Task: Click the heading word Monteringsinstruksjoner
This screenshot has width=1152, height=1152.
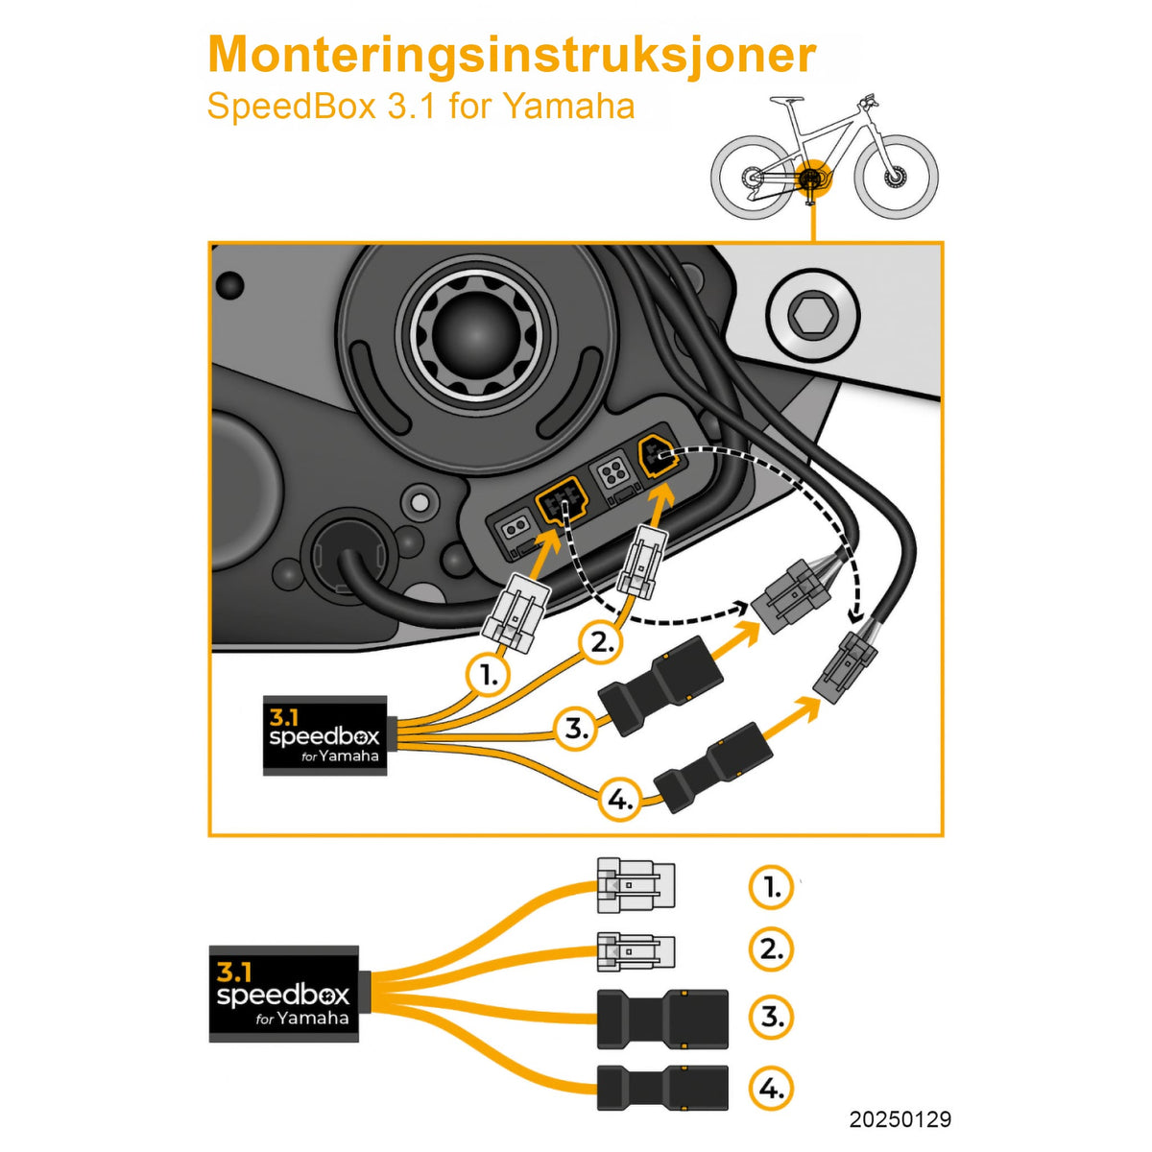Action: pos(512,55)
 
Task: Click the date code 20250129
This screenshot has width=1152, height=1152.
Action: pos(900,1119)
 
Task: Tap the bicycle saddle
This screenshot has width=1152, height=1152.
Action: pos(785,100)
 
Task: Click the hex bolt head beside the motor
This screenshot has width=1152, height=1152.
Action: pos(812,315)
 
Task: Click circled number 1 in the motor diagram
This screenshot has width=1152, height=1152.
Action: pos(489,675)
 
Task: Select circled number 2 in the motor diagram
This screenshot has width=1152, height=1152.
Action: pos(602,642)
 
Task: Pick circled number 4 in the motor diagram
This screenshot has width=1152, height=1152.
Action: pos(621,800)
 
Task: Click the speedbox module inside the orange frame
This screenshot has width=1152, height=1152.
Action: pos(324,736)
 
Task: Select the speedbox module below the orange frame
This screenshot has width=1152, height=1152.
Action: pos(283,994)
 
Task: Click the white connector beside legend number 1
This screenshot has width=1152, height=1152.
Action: pos(635,885)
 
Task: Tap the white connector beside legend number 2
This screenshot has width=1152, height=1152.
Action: pos(635,952)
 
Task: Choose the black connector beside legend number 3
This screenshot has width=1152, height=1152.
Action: pos(662,1019)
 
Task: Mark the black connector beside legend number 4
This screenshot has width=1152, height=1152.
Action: pos(662,1088)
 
